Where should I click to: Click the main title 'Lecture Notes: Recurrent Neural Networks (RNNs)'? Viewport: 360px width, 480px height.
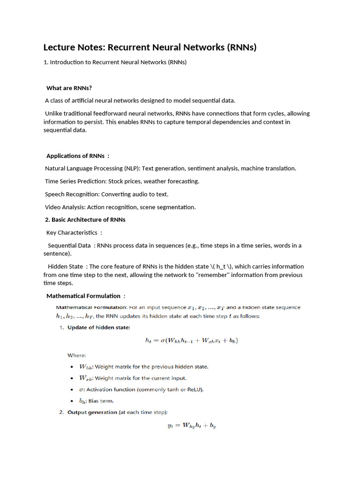point(150,47)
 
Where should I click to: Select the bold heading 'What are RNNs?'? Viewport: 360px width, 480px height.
point(69,88)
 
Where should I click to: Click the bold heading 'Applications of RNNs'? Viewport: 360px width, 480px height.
point(75,156)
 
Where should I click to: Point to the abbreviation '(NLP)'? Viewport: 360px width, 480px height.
point(130,168)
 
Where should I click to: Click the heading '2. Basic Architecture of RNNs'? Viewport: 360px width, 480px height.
point(85,220)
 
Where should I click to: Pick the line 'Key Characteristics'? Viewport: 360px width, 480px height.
point(72,232)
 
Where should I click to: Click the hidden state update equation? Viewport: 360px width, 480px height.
point(191,341)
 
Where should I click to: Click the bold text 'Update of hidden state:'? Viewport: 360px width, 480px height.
point(99,328)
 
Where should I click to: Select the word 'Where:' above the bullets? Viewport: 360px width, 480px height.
point(77,356)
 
